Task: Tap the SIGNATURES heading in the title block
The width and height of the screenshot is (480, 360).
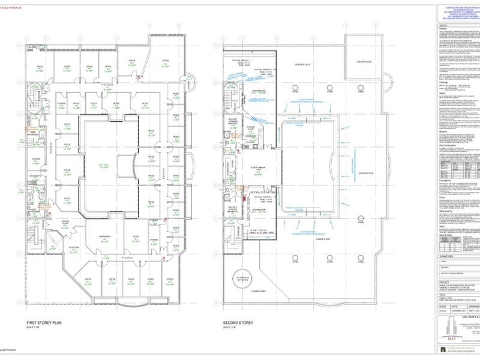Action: click(446, 256)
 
